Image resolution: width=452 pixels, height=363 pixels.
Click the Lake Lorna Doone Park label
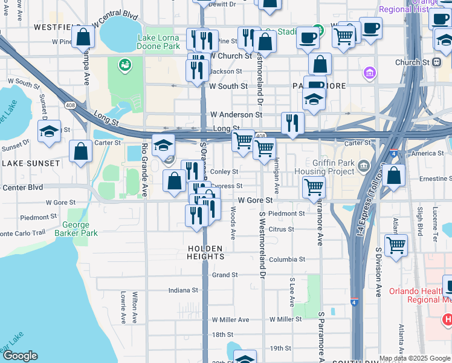pos(159,41)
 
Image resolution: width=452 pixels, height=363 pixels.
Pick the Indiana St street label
pos(183,290)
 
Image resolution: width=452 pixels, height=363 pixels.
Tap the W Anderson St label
pos(236,114)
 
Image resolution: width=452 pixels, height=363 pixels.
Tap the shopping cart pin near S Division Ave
pos(396,245)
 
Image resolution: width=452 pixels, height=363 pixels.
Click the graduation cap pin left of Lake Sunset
pos(49,131)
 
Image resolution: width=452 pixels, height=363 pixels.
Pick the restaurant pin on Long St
pos(292,123)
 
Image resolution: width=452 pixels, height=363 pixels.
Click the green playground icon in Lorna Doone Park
pos(126,64)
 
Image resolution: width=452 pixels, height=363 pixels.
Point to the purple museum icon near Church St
pos(369,74)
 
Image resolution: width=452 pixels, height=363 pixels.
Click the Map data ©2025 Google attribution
pos(415,358)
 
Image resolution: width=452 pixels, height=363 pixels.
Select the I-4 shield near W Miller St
pos(355,301)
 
